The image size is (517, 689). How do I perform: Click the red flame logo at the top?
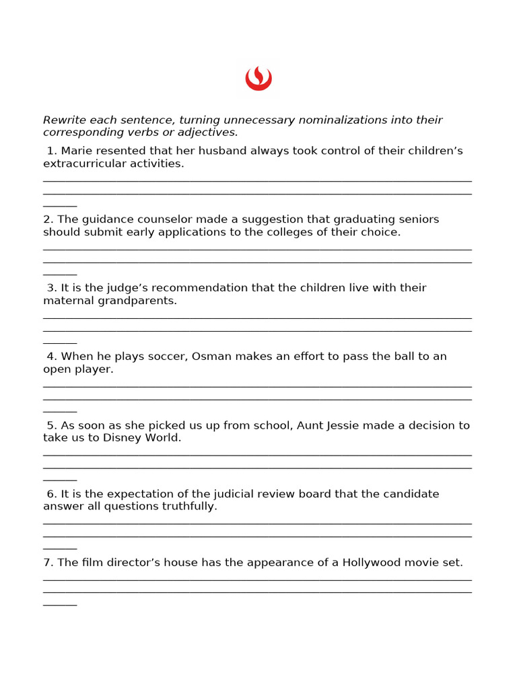pos(258,79)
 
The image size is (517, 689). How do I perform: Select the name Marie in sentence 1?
pos(77,151)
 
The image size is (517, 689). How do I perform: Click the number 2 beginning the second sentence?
pos(47,219)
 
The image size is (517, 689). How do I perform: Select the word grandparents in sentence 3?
pos(137,301)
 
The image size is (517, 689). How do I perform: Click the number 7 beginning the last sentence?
pos(47,563)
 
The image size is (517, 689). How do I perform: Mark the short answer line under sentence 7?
pos(60,605)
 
